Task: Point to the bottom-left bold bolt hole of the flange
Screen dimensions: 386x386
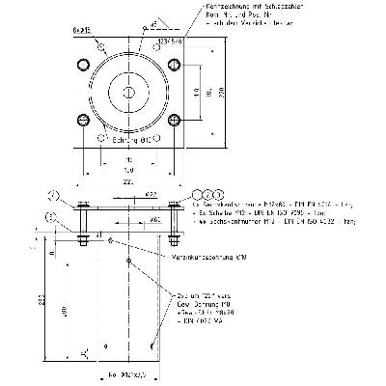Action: [x=81, y=121]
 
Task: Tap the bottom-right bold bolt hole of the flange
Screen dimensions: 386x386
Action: [x=174, y=121]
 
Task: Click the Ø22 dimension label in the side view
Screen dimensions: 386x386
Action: [x=152, y=195]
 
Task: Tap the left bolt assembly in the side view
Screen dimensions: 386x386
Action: [x=83, y=222]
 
